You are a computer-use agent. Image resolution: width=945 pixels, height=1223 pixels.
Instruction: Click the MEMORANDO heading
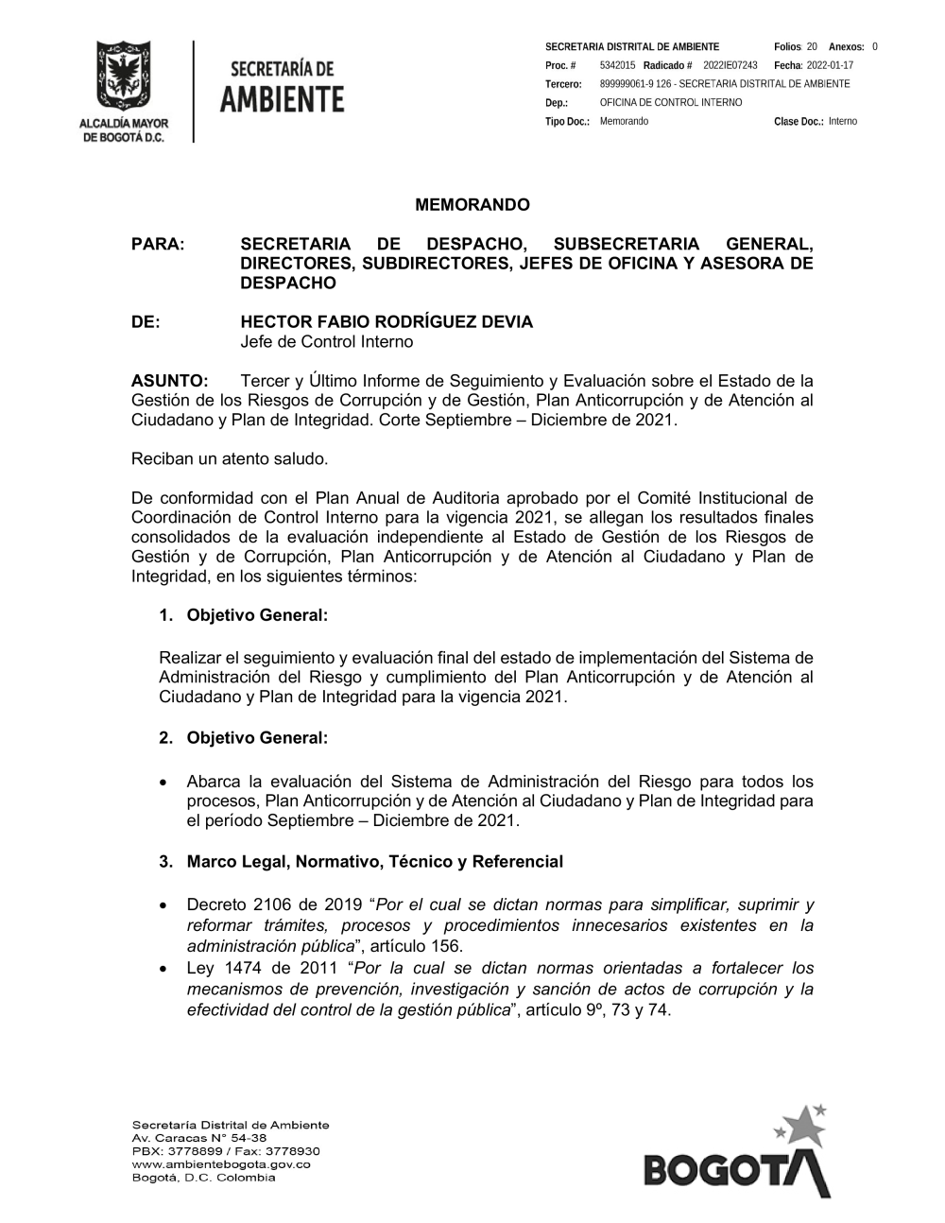[x=472, y=205]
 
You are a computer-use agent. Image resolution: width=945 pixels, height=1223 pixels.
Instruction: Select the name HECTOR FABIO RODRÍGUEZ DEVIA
[x=387, y=322]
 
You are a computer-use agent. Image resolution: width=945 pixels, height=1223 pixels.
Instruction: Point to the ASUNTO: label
[x=169, y=381]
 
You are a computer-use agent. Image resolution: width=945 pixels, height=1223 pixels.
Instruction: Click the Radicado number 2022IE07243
[x=730, y=65]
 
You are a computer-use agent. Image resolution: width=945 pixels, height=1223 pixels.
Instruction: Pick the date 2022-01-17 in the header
[x=830, y=65]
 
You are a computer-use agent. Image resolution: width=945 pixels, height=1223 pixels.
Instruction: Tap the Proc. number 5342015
[x=617, y=65]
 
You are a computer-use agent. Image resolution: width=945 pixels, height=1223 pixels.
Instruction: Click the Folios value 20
[x=812, y=46]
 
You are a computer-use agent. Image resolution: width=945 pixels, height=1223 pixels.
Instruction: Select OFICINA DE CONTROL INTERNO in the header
[x=671, y=103]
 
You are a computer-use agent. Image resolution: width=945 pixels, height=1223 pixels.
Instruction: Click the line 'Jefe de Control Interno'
[x=326, y=342]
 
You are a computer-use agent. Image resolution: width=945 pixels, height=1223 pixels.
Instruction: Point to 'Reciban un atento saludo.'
[x=230, y=459]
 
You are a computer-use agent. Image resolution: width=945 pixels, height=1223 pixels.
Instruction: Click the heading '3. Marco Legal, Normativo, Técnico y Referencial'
[x=374, y=862]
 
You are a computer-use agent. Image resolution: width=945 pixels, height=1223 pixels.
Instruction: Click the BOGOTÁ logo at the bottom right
[x=736, y=1162]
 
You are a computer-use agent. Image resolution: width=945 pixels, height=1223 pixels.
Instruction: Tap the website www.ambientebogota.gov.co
[x=221, y=1164]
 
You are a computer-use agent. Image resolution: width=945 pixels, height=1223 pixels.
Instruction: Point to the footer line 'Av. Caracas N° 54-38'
[x=199, y=1138]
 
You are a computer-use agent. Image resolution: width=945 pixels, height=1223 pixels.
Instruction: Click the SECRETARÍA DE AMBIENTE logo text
[x=283, y=86]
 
